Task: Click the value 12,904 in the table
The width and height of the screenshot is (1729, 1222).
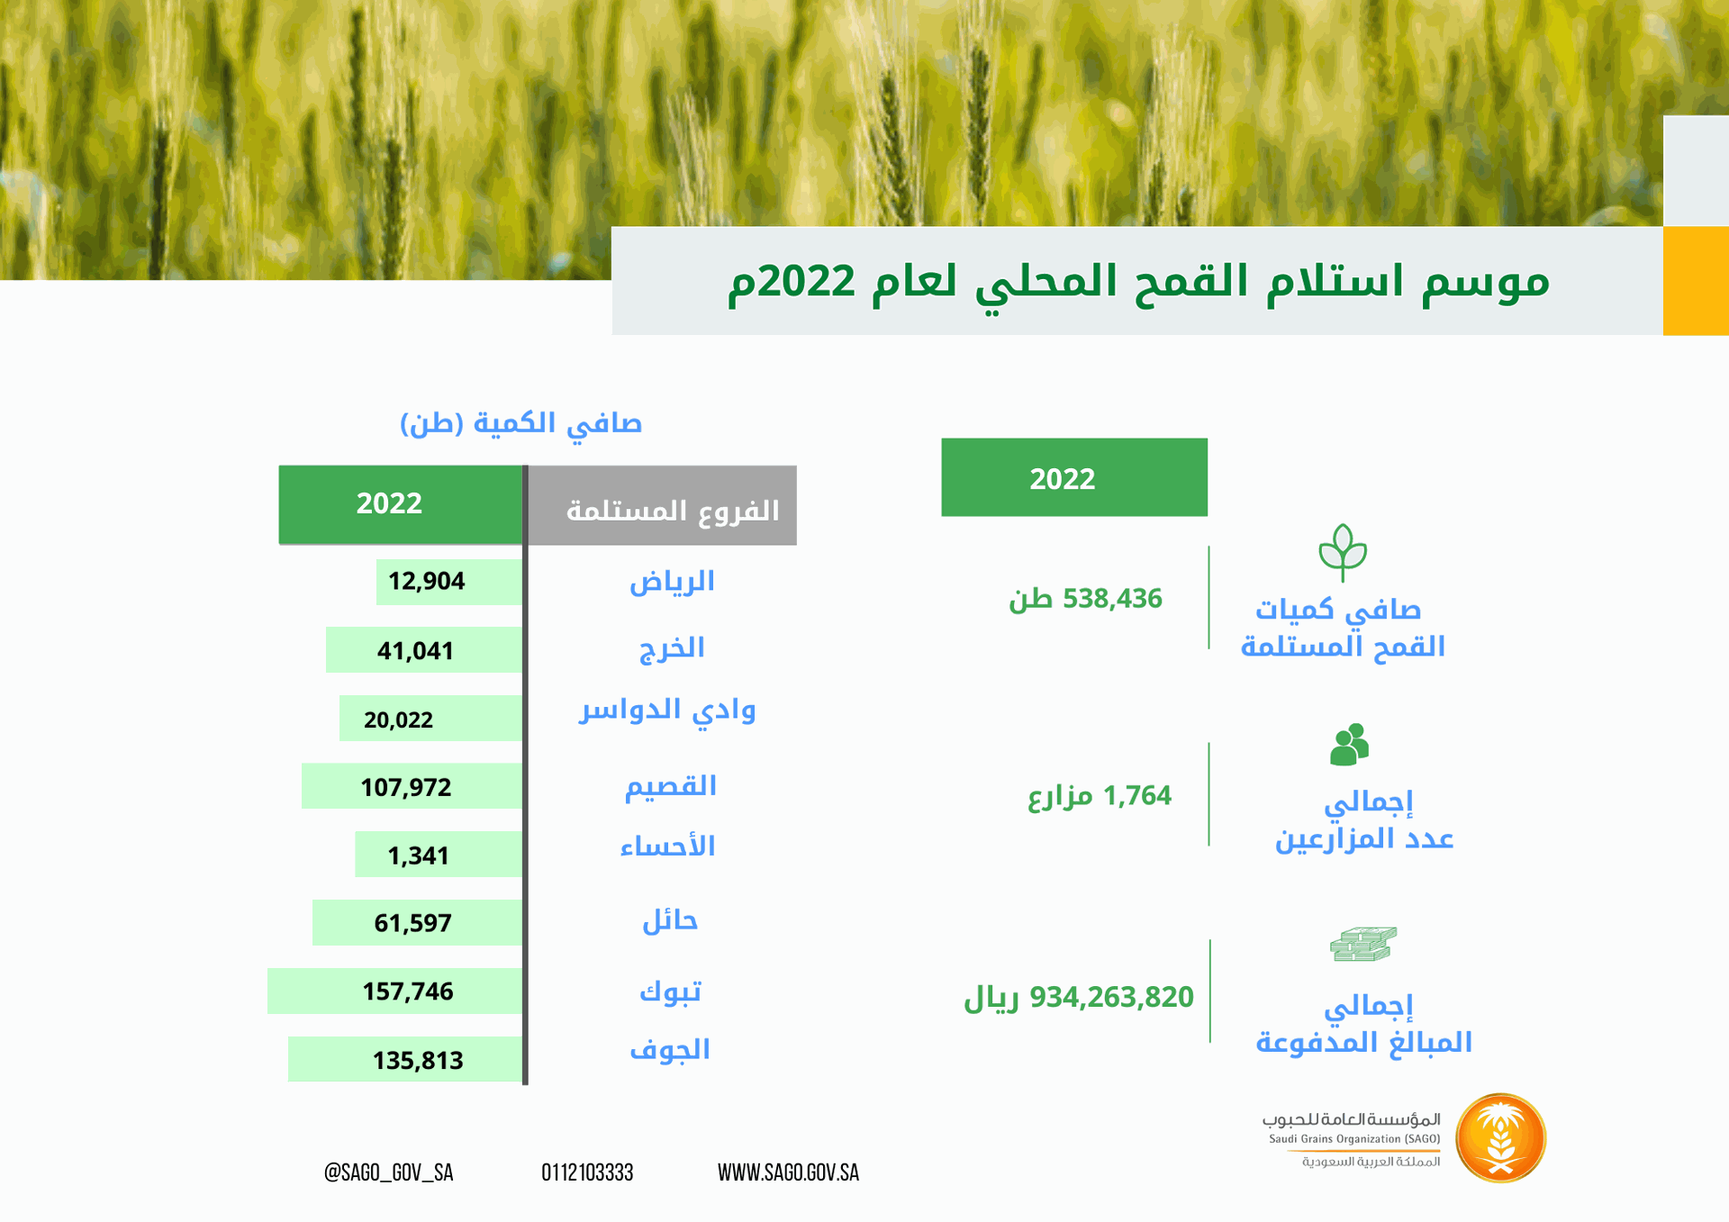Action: (x=426, y=581)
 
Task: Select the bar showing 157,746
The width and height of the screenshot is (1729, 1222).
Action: (x=395, y=991)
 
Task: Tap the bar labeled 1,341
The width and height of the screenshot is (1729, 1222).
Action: (x=439, y=855)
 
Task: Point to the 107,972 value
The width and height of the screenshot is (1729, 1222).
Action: (x=406, y=787)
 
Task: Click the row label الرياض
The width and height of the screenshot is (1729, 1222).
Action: (x=672, y=582)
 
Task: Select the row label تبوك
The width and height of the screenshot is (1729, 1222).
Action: (x=670, y=991)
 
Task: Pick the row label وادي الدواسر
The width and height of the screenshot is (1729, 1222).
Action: (x=667, y=711)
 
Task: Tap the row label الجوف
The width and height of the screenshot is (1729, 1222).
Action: (x=670, y=1050)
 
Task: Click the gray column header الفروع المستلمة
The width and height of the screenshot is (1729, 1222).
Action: (x=662, y=505)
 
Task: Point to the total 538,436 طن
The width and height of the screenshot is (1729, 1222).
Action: (x=1085, y=599)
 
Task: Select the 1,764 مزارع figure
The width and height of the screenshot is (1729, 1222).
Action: (x=1100, y=796)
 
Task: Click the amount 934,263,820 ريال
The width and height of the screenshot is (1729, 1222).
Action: (x=1079, y=998)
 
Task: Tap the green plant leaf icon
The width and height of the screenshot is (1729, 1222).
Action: (x=1343, y=552)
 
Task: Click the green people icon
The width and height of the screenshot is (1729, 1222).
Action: (x=1349, y=745)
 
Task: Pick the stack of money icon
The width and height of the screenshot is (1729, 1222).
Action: (x=1363, y=944)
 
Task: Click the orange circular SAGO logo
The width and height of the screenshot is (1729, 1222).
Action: (x=1500, y=1137)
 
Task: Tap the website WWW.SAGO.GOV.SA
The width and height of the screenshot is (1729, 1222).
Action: (x=788, y=1172)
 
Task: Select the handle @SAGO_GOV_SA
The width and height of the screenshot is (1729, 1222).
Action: (x=388, y=1172)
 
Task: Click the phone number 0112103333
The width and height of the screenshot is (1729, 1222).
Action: (x=587, y=1172)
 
